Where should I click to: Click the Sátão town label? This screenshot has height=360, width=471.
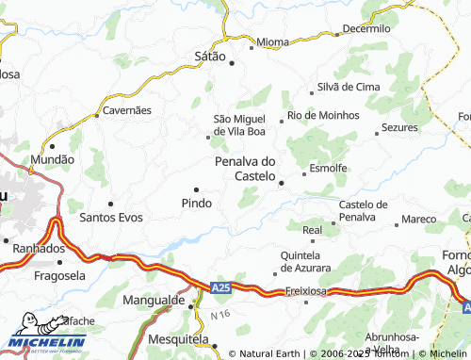(x=209, y=57)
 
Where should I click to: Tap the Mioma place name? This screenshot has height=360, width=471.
(x=273, y=43)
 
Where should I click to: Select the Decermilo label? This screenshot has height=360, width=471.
(x=366, y=29)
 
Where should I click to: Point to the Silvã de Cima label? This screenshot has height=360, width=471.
(x=349, y=87)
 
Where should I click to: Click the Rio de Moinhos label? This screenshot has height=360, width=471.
(x=324, y=115)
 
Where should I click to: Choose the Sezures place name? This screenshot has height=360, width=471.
(x=398, y=126)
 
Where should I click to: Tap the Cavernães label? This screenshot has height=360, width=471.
(x=127, y=110)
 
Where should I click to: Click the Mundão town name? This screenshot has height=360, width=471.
(x=53, y=160)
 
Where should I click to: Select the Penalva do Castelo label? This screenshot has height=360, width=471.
(x=246, y=169)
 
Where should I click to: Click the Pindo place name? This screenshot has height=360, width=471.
(x=196, y=203)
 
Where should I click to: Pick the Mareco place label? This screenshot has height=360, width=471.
(x=418, y=220)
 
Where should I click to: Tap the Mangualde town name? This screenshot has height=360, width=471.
(x=154, y=302)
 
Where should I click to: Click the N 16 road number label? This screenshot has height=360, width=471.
(x=220, y=313)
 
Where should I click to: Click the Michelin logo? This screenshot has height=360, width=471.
(x=47, y=341)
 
